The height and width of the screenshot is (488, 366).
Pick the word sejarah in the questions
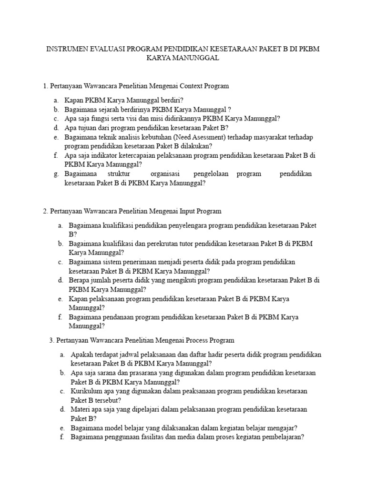pyautogui.click(x=105, y=110)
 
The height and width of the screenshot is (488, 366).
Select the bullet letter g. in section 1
pyautogui.click(x=56, y=174)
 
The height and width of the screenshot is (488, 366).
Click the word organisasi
pyautogui.click(x=164, y=174)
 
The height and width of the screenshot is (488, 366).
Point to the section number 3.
pyautogui.click(x=51, y=340)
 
